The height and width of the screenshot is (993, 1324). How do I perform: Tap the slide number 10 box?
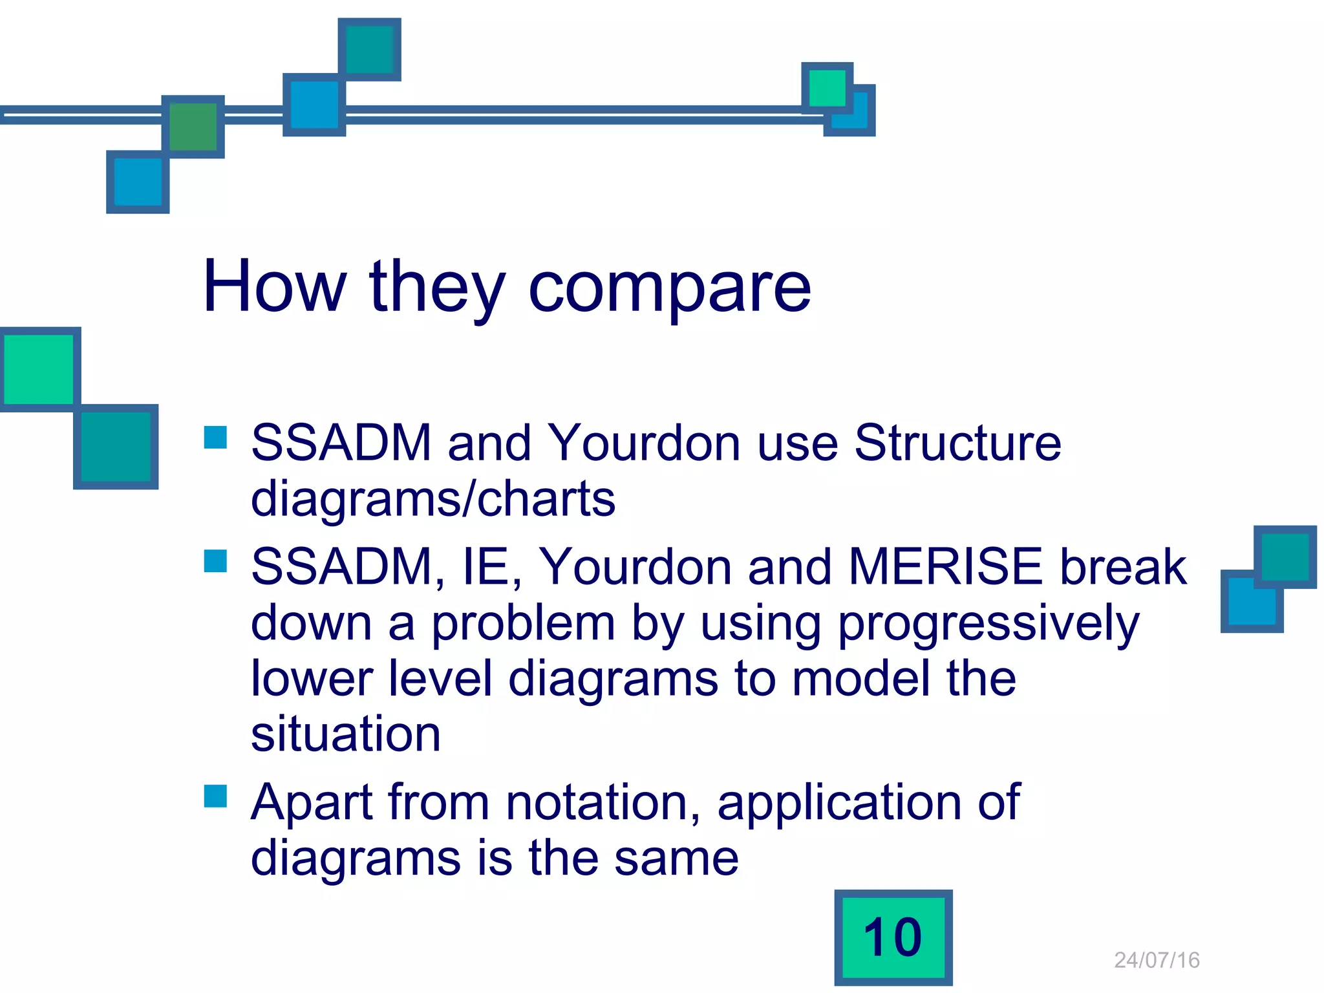coord(893,937)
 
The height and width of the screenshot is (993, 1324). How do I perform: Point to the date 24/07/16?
coord(1157,960)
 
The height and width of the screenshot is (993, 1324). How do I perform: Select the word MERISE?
coord(946,567)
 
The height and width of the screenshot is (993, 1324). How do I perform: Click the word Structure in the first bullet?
coord(957,443)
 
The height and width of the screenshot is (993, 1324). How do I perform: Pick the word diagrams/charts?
coord(432,500)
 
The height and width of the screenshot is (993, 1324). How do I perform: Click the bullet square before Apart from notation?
coord(215,796)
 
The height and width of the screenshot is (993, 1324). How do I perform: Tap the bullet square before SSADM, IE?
coord(215,561)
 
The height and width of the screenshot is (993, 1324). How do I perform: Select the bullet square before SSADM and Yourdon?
coord(215,437)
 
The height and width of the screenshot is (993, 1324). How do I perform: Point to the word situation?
coord(346,734)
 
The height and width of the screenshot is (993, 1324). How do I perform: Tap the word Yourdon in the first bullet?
coord(644,443)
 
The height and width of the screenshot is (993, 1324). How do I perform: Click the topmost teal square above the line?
coord(369,49)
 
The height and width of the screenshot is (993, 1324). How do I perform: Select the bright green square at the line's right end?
coord(827,88)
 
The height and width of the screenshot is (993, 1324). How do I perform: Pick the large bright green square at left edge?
coord(39,369)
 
